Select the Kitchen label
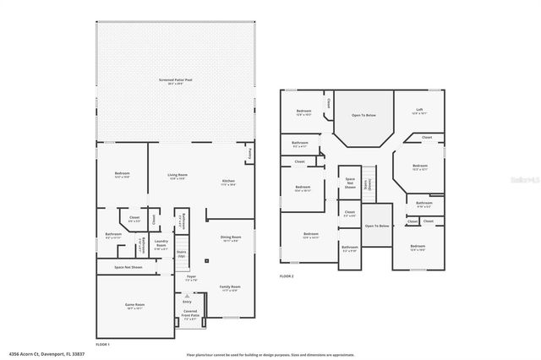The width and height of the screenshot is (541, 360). point(228,182)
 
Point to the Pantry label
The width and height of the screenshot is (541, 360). point(250,154)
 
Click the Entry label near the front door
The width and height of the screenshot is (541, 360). point(187,301)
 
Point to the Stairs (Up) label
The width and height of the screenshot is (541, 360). point(181,253)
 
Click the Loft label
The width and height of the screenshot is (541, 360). point(419,110)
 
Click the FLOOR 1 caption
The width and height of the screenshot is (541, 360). point(103,344)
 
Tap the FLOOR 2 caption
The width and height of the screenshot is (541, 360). point(287,276)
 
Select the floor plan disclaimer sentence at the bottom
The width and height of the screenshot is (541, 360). point(270,355)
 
